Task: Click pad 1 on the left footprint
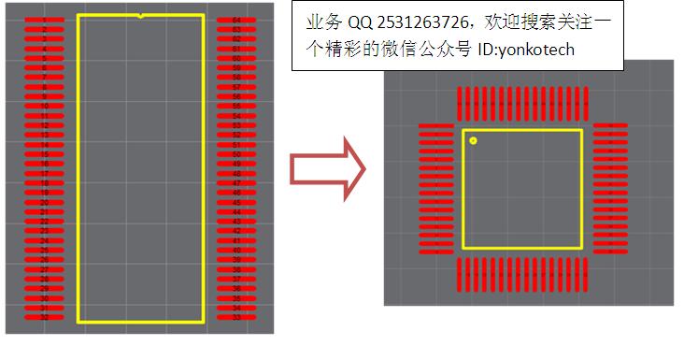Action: click(x=44, y=20)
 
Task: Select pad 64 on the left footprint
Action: click(x=236, y=20)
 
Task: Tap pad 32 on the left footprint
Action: click(x=44, y=318)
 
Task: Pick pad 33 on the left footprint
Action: click(x=236, y=318)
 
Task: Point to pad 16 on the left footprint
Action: click(x=44, y=164)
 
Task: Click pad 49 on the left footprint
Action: click(x=236, y=164)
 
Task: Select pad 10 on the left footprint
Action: click(x=44, y=107)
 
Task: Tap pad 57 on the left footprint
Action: click(x=236, y=87)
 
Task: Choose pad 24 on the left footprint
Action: click(x=44, y=241)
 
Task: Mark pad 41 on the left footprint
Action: click(x=236, y=241)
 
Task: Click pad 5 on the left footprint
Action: click(x=44, y=58)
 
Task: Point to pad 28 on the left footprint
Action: click(x=44, y=280)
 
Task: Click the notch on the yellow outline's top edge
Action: click(x=140, y=16)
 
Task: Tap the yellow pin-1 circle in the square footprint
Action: click(x=474, y=141)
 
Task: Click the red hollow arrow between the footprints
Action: click(x=326, y=167)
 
